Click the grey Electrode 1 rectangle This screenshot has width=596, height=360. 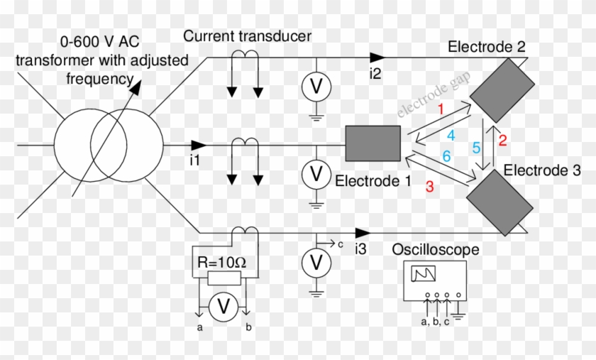(x=373, y=143)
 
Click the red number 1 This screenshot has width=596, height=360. (x=440, y=109)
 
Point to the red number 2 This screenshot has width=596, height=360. (x=503, y=140)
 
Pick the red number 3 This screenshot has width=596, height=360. (x=429, y=187)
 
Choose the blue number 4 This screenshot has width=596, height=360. (x=450, y=135)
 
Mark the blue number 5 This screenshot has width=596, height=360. (x=477, y=147)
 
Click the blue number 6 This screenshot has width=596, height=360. (x=446, y=156)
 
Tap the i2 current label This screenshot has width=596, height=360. (x=375, y=72)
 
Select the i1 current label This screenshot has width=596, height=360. (x=194, y=160)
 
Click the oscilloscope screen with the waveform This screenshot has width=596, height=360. (x=423, y=274)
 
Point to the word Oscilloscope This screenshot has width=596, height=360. (x=436, y=250)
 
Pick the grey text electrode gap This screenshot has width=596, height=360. (x=425, y=99)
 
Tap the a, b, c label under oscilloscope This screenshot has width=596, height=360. (x=434, y=322)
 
